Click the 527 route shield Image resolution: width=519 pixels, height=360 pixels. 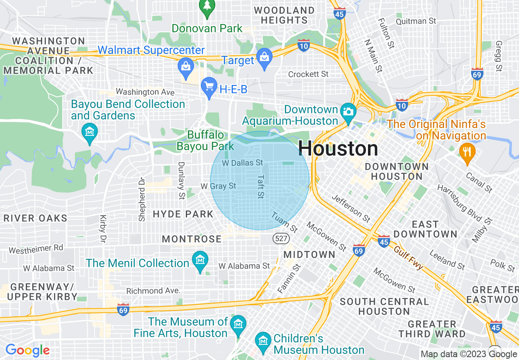coord(278,238)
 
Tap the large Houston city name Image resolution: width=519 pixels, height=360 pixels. coord(338,148)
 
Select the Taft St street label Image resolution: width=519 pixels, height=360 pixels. coord(260,187)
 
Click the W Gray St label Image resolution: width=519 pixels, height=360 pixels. coord(218,186)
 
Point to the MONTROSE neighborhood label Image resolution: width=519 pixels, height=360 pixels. coord(192,239)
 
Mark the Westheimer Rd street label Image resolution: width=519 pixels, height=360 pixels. coord(36,249)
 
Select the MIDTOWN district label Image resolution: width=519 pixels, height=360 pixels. coord(309,254)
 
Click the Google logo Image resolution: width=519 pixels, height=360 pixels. coord(27,350)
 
